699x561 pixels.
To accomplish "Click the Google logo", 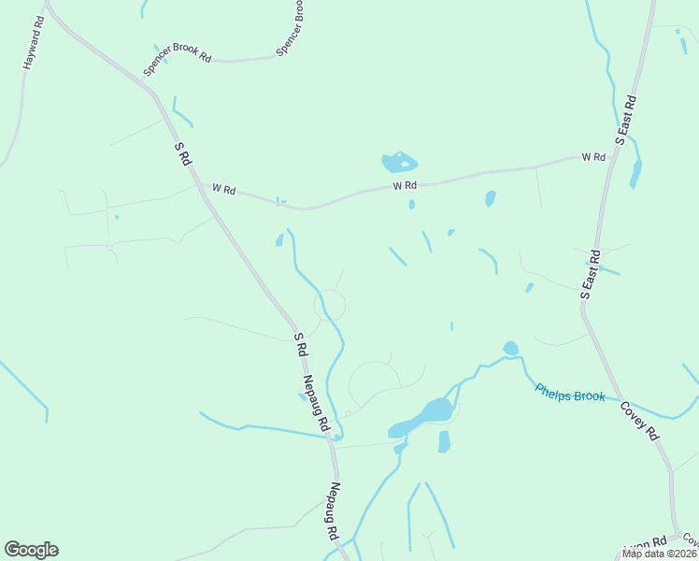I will [31, 550].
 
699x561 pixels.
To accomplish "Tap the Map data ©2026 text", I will [660, 554].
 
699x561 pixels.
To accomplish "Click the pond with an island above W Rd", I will [399, 163].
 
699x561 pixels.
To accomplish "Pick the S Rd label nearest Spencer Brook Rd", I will [183, 153].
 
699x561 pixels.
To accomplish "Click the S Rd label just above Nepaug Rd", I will [300, 344].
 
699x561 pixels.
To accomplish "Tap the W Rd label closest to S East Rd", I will [592, 157].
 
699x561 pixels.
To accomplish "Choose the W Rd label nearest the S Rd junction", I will [223, 189].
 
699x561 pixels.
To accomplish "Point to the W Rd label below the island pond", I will [404, 185].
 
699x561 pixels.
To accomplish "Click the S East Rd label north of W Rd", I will [626, 119].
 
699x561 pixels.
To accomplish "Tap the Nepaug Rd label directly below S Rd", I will [317, 403].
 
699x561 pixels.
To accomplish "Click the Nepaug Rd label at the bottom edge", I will [334, 512].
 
